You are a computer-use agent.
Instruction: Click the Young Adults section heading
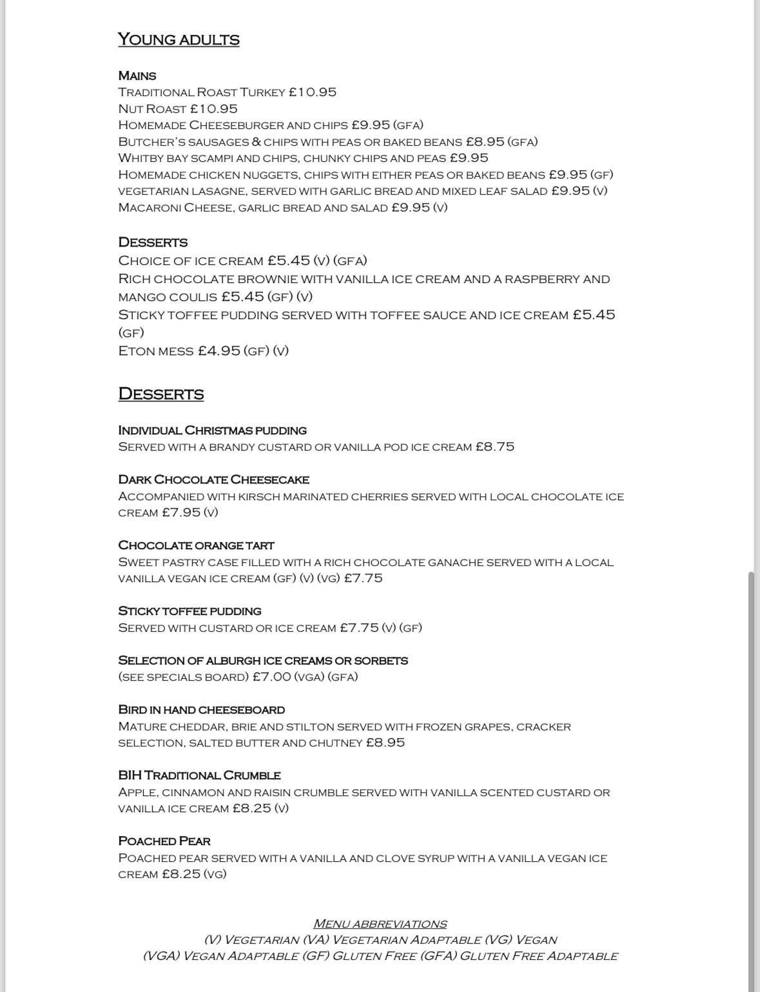coord(179,40)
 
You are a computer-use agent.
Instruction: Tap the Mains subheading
coord(137,76)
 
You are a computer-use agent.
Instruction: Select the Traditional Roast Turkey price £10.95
coord(313,92)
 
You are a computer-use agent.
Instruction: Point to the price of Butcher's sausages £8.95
coord(485,142)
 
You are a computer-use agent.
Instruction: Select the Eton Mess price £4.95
coord(219,351)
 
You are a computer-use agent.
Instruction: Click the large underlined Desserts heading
coord(161,394)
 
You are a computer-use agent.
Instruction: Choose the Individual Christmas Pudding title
coord(213,431)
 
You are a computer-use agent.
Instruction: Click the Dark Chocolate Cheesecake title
coord(214,480)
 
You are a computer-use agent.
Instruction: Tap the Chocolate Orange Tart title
coord(197,545)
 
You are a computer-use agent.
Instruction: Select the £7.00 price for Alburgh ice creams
coord(271,677)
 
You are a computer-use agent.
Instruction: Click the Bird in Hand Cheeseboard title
coord(202,710)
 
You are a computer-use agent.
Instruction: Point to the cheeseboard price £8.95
coord(385,743)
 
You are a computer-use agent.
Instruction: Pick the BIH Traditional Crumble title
coord(200,775)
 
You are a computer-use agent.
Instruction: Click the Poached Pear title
coord(164,841)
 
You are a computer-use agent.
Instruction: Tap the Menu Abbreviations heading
coord(380,924)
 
